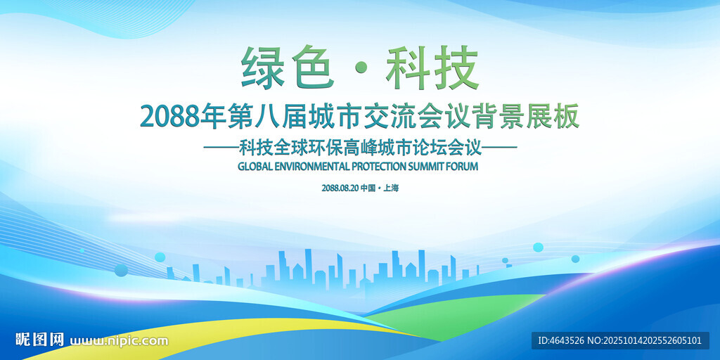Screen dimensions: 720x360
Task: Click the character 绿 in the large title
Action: [x=264, y=67]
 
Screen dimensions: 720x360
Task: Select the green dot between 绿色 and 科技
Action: [x=361, y=69]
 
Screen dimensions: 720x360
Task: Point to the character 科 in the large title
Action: [x=409, y=67]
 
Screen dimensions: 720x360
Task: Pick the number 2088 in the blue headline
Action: [x=170, y=117]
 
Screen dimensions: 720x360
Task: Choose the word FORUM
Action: [x=463, y=166]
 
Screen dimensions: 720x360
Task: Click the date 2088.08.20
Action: [x=340, y=188]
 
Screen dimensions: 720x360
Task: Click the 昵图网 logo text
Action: [x=40, y=340]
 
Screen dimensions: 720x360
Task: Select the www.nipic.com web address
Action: [x=119, y=341]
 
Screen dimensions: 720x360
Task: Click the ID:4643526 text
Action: [x=560, y=341]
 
